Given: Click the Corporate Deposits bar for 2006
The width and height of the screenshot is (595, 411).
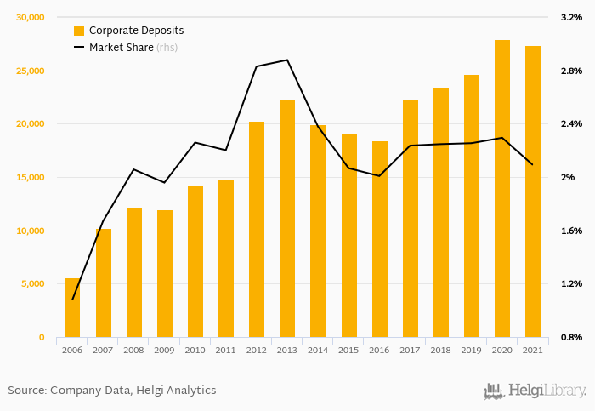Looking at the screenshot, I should point(72,308).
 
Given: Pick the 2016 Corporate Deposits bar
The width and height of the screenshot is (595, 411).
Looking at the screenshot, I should point(379,239).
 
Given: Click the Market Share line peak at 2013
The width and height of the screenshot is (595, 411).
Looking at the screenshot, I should point(287,60).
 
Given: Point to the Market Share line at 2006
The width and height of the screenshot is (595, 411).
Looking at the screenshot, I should point(72,300).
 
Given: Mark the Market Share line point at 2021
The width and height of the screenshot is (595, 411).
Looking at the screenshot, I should point(533,164).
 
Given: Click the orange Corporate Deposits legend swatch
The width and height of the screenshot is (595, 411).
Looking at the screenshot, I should point(79,31).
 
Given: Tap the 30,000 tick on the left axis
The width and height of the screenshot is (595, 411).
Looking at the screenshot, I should point(30,17).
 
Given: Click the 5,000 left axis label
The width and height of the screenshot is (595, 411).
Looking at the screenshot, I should point(32,284).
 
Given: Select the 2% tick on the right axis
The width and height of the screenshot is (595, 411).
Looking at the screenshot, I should point(567,177).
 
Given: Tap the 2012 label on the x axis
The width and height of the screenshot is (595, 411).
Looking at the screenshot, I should point(257,350).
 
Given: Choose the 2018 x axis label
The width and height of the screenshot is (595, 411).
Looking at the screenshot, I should point(440,350).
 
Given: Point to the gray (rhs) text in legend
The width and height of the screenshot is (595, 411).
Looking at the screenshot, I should point(167,48).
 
